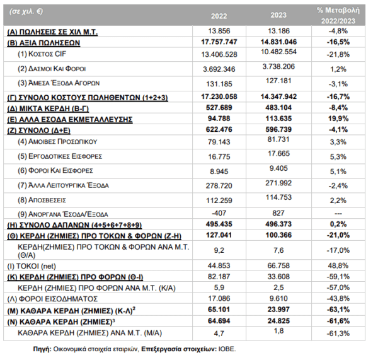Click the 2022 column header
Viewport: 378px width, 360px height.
coord(219,16)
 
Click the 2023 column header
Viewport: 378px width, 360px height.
coord(278,15)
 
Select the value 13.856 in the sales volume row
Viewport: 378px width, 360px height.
coord(219,31)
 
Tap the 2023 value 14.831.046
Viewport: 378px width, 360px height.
coord(278,42)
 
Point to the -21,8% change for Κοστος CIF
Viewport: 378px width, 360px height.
coord(338,54)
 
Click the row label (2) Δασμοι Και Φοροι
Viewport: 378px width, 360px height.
coord(52,69)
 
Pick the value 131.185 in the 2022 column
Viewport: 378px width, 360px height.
coord(219,84)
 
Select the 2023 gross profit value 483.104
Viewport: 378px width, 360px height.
coord(278,108)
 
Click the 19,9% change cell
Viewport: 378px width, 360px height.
coord(338,119)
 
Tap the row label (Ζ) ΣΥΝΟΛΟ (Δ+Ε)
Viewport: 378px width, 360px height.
coord(38,131)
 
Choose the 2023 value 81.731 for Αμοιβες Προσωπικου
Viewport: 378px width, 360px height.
coord(278,139)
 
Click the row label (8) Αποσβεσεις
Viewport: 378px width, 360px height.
coord(42,200)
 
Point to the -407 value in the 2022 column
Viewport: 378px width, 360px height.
coord(219,213)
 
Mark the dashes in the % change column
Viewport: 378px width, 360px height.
coord(338,214)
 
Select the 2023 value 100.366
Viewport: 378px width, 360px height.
coord(278,235)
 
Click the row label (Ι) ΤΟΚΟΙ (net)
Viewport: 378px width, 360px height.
coord(31,267)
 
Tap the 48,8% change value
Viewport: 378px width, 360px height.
coord(338,266)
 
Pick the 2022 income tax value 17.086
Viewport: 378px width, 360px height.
coord(219,299)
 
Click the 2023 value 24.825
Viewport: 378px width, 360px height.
coord(278,321)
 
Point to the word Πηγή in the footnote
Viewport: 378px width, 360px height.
coord(42,349)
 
